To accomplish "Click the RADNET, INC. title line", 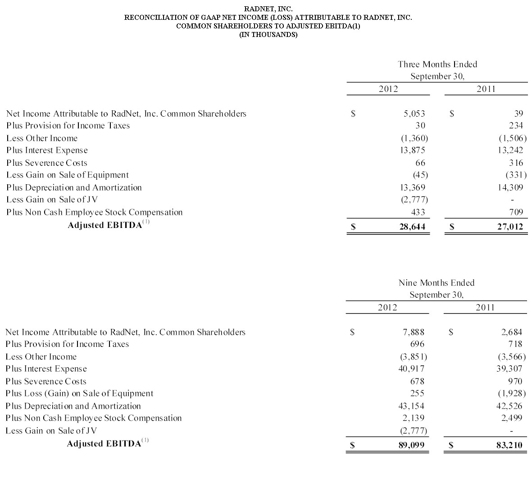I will [268, 9].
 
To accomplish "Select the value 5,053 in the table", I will [414, 114].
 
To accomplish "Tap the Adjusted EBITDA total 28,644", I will [412, 227].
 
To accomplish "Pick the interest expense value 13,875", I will [413, 150].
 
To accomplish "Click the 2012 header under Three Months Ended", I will [388, 89].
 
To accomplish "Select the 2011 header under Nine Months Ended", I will [485, 308].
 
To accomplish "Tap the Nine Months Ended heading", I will [437, 283].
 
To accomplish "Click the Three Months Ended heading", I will [437, 64].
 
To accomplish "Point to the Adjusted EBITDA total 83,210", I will [509, 445].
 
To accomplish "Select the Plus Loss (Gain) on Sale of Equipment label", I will [79, 393].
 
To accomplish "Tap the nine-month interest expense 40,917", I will [412, 369].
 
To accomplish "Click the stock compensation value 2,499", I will [512, 418].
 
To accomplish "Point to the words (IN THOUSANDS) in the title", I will [268, 35].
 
